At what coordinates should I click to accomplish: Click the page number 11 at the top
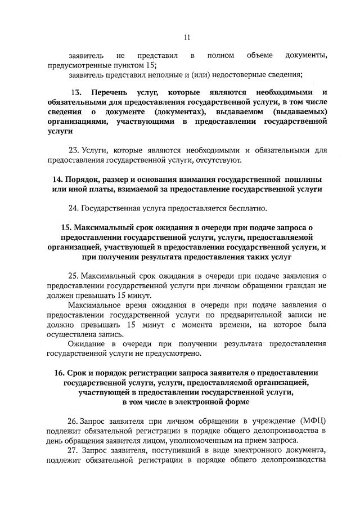[x=187, y=38]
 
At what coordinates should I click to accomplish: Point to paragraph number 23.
[x=74, y=150]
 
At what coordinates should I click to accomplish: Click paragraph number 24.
[x=74, y=208]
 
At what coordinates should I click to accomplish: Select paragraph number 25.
[x=74, y=276]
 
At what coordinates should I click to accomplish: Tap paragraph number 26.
[x=74, y=421]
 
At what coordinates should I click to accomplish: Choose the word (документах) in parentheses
[x=177, y=111]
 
